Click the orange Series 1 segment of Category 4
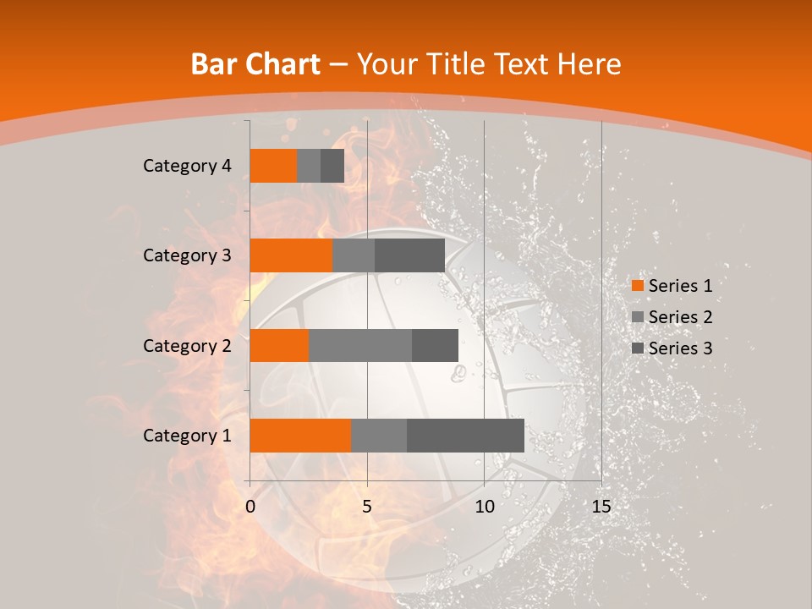(273, 166)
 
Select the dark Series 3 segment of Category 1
(465, 436)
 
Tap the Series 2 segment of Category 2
(360, 345)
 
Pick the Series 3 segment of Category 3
(409, 255)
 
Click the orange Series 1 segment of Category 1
(300, 436)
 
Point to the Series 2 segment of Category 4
(309, 166)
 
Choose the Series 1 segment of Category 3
(291, 255)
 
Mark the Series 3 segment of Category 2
(435, 345)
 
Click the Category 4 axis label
(187, 166)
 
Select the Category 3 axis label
(187, 255)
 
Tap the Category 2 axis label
(187, 345)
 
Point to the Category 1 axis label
(187, 436)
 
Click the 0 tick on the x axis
(250, 507)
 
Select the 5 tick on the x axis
(367, 507)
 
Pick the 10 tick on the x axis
(484, 507)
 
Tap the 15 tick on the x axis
(601, 507)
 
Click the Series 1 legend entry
(672, 286)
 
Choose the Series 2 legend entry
(672, 317)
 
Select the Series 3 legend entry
(672, 348)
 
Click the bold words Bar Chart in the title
(255, 64)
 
